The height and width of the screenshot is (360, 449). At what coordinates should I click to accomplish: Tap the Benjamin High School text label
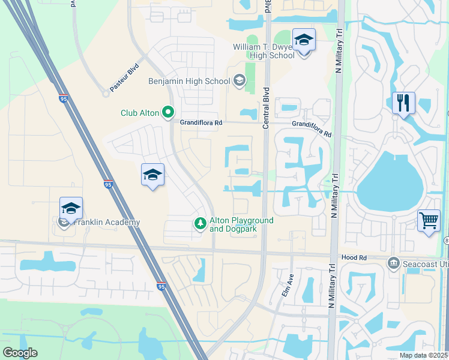(189, 81)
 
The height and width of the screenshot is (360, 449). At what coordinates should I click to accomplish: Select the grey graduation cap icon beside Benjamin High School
(240, 80)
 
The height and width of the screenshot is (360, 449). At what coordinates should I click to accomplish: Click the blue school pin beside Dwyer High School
(304, 41)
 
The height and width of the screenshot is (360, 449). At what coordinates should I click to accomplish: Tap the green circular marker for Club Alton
(169, 112)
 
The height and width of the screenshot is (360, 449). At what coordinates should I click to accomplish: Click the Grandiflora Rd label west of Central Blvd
(201, 122)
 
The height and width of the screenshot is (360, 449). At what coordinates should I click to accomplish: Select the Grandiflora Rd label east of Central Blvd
(312, 128)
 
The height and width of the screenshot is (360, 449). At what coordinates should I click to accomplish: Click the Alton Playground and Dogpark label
(241, 224)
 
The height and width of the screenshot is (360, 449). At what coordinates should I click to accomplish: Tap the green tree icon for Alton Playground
(200, 224)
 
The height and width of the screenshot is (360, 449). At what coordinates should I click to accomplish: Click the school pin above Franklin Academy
(71, 209)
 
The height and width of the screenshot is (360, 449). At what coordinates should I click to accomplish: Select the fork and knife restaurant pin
(403, 103)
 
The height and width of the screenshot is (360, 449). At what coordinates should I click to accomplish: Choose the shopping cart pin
(429, 220)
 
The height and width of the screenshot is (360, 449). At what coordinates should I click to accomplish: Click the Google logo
(20, 353)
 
